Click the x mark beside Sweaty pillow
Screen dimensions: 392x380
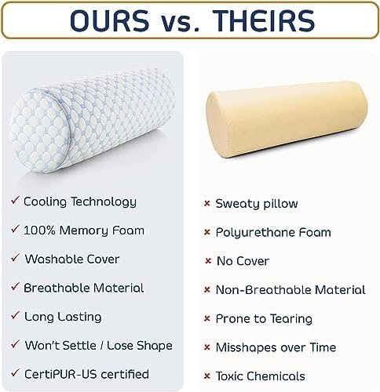pos(207,204)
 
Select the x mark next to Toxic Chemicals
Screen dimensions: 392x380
pos(207,376)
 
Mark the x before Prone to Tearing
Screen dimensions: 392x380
pos(207,319)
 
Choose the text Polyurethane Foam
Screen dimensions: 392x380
pos(273,233)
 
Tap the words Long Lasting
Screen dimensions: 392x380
pos(63,317)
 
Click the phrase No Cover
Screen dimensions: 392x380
pos(243,261)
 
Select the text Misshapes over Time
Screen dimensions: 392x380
pos(276,347)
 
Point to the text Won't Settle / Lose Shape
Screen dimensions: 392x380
pos(98,345)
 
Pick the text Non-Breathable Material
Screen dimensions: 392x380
pos(290,290)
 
